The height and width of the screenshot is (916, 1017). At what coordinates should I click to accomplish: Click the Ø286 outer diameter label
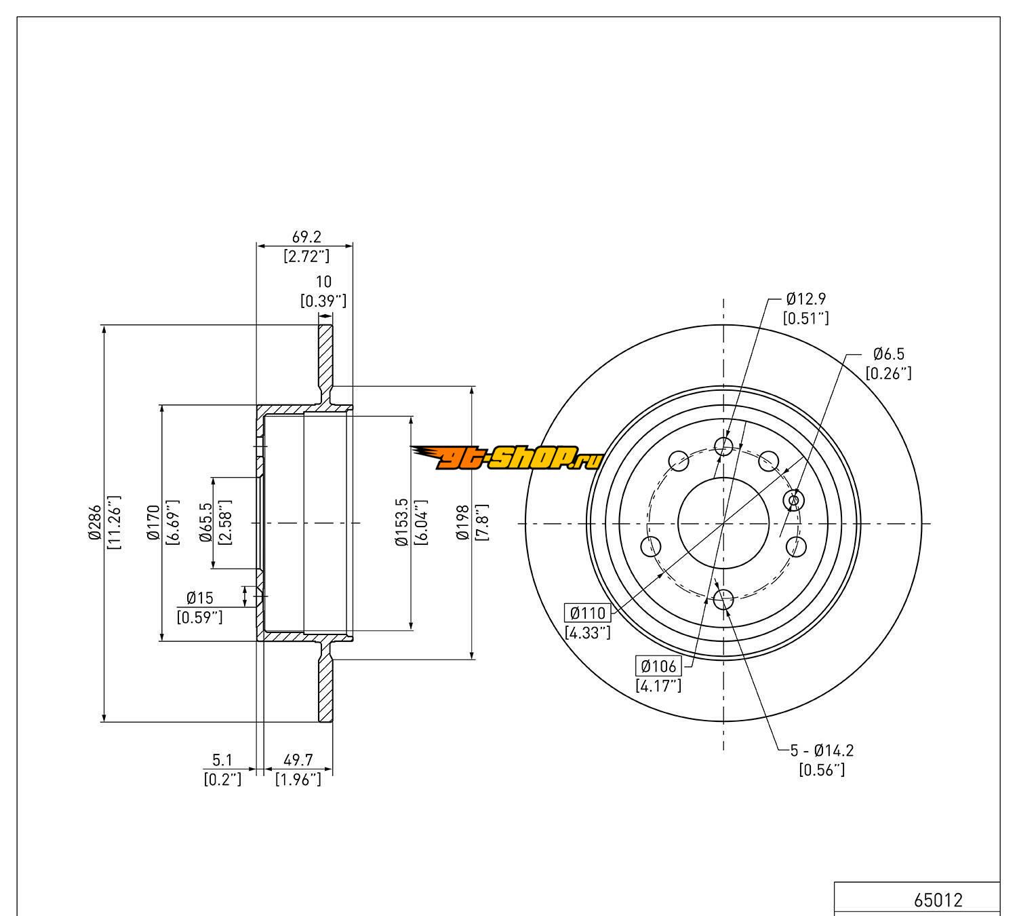94,522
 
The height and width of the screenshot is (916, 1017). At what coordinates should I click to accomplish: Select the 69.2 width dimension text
306,237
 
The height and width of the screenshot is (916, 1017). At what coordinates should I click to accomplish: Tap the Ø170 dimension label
153,522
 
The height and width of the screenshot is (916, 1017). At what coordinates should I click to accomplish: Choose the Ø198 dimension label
463,522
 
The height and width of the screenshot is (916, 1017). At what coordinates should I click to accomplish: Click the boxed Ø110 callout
587,613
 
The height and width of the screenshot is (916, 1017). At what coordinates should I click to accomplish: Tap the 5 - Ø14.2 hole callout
822,750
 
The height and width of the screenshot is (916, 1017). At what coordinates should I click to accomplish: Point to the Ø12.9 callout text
806,299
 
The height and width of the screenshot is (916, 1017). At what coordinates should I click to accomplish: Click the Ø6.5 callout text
888,354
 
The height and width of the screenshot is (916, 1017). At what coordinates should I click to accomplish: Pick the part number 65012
938,900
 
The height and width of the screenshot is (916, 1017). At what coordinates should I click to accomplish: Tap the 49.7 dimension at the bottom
298,761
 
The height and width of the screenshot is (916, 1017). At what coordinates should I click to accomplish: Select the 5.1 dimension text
222,761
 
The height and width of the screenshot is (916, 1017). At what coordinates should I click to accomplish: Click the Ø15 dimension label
200,598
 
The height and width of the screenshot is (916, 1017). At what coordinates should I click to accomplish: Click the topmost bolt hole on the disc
723,446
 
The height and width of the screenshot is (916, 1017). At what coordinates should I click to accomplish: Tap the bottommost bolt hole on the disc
723,599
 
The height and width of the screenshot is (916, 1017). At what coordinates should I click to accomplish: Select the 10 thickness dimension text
323,282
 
